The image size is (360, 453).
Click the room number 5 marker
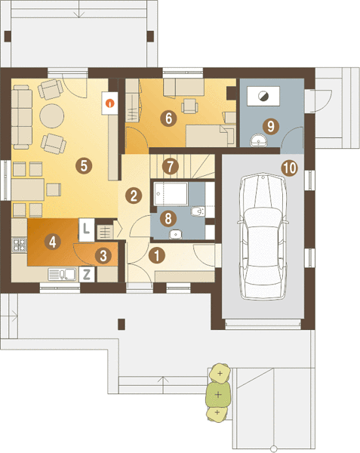coord(84,166)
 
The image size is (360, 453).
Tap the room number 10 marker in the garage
coord(290,168)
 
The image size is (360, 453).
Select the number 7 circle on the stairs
coord(171,166)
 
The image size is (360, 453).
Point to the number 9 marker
coord(271,126)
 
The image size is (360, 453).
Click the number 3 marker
coord(103,256)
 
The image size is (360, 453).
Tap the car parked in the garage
coord(262,236)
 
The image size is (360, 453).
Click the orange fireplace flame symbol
coord(110,103)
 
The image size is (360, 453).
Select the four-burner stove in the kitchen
coord(20,245)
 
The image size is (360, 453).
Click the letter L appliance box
coord(86,230)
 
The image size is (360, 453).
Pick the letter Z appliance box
coord(87,274)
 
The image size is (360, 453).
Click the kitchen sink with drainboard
coord(62,275)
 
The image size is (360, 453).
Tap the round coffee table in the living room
coord(51,116)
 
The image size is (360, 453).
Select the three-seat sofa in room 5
coord(22,117)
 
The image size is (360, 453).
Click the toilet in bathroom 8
coord(198,211)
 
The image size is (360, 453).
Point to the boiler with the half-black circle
coord(263,96)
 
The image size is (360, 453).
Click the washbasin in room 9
coord(259,140)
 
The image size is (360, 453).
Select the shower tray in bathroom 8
coord(171,194)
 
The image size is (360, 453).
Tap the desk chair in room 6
coord(189,106)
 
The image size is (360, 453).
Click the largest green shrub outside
coord(218,394)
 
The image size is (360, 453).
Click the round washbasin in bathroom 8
coord(176,234)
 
